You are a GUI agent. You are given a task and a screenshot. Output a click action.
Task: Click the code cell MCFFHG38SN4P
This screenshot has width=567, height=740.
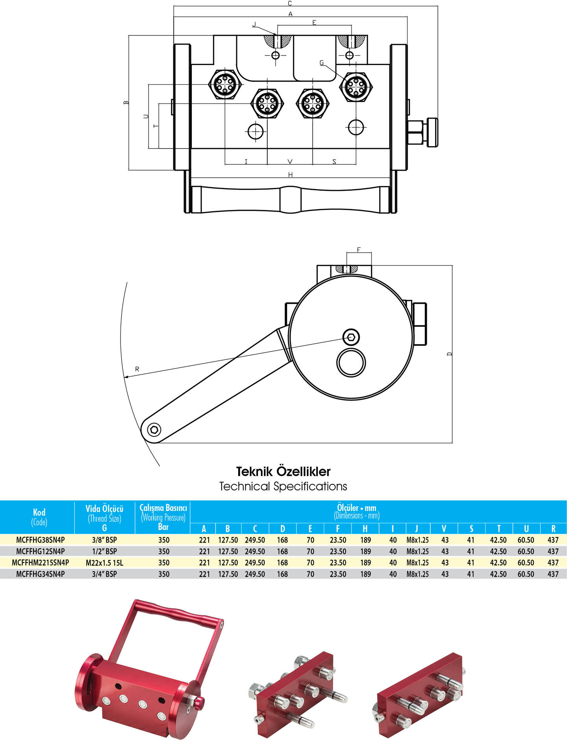[x=40, y=540]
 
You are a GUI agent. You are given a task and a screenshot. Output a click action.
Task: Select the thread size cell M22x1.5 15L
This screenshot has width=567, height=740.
[x=104, y=563]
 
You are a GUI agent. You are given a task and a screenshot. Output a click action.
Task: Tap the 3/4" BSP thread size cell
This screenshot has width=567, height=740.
[x=104, y=574]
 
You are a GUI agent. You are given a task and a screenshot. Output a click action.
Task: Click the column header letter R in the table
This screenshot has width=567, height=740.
[x=553, y=529]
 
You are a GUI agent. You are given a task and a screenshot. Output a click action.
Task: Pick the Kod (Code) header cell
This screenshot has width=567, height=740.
[x=39, y=517]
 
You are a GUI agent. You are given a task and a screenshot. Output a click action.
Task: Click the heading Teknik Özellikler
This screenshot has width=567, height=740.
[x=283, y=471]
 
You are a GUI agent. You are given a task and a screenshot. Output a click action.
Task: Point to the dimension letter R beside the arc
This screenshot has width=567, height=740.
[x=137, y=369]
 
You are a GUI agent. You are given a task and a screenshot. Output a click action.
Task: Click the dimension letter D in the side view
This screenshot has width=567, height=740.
[x=450, y=354]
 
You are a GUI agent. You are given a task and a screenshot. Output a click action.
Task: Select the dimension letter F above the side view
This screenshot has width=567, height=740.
[x=359, y=249]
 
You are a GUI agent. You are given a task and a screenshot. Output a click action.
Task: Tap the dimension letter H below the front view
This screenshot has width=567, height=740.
[x=290, y=175]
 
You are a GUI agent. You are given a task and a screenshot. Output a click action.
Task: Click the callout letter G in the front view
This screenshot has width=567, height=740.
[x=322, y=63]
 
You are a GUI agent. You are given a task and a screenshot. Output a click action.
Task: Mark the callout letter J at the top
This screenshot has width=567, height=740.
[x=254, y=24]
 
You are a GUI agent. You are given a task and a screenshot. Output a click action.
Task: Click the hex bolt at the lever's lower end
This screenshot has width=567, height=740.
[x=154, y=429]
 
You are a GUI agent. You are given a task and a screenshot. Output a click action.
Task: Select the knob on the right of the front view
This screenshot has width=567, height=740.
[x=432, y=132]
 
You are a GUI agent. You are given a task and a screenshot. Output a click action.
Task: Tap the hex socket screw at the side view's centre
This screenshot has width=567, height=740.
[x=351, y=337]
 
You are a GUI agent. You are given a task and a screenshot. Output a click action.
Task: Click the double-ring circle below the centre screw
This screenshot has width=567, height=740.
[x=351, y=363]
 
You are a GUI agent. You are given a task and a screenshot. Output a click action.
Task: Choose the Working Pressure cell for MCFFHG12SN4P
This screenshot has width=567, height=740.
[x=164, y=551]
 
